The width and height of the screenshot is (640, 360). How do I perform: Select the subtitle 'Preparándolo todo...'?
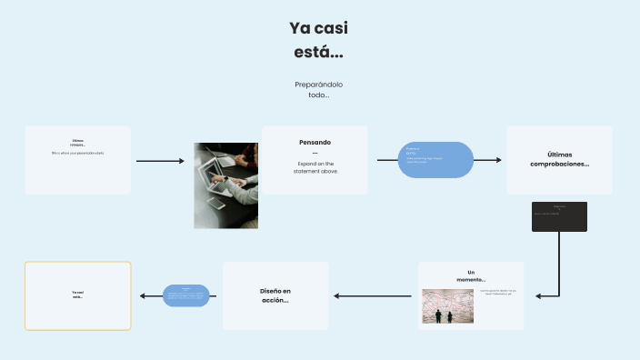(x=318, y=89)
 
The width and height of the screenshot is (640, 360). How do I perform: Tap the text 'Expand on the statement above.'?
(x=315, y=167)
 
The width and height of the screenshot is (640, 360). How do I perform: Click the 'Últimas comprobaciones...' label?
(x=559, y=159)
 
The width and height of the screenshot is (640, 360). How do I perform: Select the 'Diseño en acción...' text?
(x=275, y=295)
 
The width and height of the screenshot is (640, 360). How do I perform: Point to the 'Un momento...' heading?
(x=471, y=275)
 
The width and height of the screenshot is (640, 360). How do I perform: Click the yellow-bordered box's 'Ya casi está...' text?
(x=77, y=295)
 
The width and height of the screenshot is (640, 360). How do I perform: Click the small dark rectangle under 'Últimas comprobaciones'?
(x=559, y=216)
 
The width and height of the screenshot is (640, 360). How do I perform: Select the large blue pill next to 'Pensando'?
(x=436, y=160)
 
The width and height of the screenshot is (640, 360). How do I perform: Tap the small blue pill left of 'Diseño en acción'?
(x=185, y=295)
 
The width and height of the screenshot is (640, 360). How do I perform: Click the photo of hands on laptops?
(x=225, y=185)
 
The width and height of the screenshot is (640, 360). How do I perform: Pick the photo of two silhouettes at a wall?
(x=447, y=306)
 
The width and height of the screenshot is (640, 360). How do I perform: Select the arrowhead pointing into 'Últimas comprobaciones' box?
(x=497, y=160)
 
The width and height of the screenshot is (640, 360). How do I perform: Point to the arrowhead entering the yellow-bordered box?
(x=143, y=295)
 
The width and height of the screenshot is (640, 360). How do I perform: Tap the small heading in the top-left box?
(x=77, y=143)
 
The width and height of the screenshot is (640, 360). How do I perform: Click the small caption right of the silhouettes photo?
(x=497, y=293)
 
